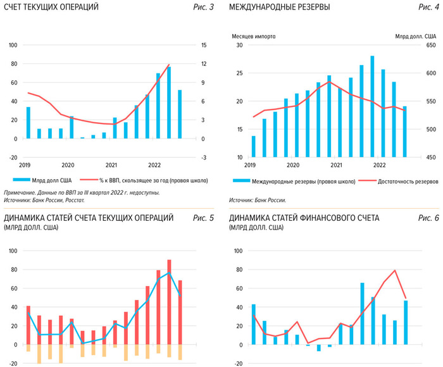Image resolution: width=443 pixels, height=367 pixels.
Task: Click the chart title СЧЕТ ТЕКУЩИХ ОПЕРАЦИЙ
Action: (x=52, y=7)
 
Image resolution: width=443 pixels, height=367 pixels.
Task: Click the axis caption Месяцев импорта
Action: (x=254, y=36)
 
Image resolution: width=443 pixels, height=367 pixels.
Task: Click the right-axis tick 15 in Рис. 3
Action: (x=204, y=46)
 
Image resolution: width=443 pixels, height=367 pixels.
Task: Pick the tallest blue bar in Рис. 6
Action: (x=362, y=314)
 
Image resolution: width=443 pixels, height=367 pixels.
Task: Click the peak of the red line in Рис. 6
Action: (x=395, y=270)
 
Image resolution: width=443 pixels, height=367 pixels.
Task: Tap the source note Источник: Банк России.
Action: (x=258, y=200)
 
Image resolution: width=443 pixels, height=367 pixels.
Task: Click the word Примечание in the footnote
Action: (x=22, y=192)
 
